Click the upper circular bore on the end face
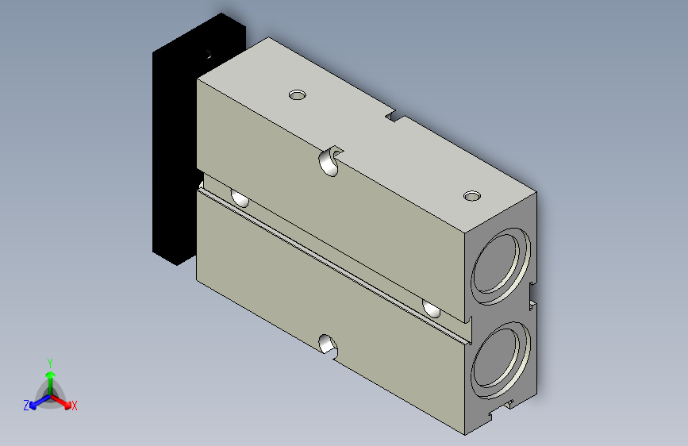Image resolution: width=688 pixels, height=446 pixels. pos(501,266)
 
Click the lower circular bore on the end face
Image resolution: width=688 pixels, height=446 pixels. pos(501,360)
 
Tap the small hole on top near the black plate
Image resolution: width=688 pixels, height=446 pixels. pos(298,94)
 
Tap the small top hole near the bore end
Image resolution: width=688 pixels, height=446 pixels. pos(472,196)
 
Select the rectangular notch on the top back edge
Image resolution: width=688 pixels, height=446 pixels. pos(395,116)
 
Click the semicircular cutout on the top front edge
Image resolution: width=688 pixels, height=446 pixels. pos(331,161)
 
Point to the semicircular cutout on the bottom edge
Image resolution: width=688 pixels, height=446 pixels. pos(329,345)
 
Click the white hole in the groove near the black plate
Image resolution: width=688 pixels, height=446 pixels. pos(240,198)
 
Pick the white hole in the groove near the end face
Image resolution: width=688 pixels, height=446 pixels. pos(432,309)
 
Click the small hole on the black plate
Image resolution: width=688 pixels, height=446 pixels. pos(209,55)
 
